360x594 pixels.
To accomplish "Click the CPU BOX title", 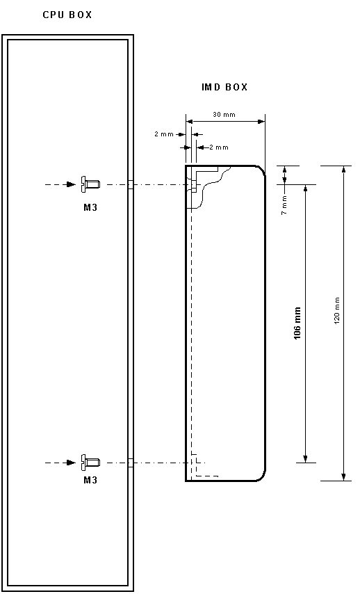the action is tap(67, 15).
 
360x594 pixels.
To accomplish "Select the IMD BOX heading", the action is tap(224, 87).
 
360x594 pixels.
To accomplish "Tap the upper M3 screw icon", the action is tap(90, 184).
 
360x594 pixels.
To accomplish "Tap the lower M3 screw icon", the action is tap(90, 463).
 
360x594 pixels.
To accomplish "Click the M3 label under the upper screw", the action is tap(90, 207).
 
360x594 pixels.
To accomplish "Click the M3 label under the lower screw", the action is tap(90, 480).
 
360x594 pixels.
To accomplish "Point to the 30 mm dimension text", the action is tap(224, 114).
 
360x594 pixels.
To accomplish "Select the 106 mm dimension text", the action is tap(297, 323).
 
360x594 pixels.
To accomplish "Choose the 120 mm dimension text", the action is tap(337, 310).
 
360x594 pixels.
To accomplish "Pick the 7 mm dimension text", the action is tap(284, 205).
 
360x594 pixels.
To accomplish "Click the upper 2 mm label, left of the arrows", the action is tap(164, 134).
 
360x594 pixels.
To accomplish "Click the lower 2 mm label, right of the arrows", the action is tap(219, 147).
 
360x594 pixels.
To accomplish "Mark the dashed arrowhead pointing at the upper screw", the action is tap(71, 184).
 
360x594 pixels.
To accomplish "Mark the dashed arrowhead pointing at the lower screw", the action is tap(71, 463).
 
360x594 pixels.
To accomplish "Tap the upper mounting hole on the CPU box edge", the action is tap(131, 184).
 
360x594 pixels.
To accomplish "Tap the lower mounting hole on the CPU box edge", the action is tap(131, 463).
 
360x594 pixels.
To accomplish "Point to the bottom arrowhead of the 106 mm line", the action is tap(306, 458).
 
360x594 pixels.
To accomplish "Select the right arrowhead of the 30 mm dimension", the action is tap(261, 122).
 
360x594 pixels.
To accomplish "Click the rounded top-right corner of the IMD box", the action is tap(262, 170).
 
